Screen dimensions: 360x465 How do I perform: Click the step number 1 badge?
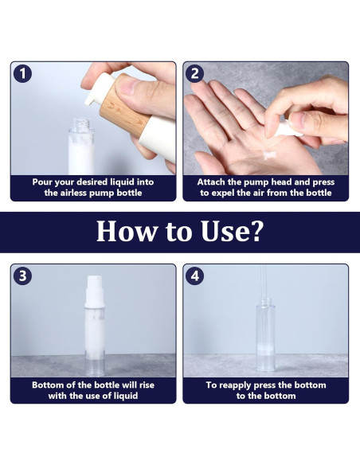[22, 73]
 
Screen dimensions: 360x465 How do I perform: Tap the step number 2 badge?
[194, 73]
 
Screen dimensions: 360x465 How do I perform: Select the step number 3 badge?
[22, 275]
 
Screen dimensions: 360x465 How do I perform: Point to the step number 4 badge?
[194, 275]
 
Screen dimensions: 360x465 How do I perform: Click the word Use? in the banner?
[233, 232]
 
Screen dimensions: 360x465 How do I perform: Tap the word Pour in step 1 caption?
[42, 182]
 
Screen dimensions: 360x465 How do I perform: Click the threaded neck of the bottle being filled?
[81, 124]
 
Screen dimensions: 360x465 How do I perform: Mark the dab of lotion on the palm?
[269, 154]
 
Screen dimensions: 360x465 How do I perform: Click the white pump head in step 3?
[95, 291]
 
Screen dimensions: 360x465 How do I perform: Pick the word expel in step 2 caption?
[223, 193]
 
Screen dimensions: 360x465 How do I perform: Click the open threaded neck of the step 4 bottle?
[266, 301]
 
